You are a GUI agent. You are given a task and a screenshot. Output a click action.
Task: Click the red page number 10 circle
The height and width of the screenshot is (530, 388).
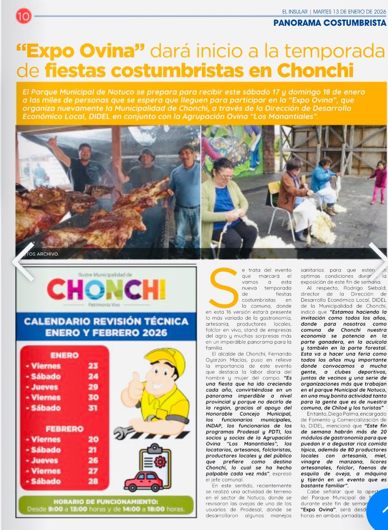point(24,16)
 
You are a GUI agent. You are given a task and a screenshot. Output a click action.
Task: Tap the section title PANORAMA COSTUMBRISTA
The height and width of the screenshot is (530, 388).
point(330,23)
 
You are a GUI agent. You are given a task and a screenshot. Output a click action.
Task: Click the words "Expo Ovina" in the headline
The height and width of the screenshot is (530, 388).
point(81,51)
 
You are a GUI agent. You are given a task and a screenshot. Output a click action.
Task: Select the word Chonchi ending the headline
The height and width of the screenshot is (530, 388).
point(315,70)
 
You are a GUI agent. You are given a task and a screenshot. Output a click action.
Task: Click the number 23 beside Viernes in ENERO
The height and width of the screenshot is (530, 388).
point(93,366)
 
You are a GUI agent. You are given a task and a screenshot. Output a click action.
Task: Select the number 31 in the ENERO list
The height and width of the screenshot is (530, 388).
point(93,408)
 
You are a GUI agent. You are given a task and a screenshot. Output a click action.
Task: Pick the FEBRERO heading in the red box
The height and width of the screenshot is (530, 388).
point(65,429)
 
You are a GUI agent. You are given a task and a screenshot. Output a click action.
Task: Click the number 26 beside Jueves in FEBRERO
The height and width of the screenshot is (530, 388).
point(93,460)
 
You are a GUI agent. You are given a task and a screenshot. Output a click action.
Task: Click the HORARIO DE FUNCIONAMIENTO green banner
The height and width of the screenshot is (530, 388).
point(106,506)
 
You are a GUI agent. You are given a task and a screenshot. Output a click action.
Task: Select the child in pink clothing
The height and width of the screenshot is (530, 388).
point(378,181)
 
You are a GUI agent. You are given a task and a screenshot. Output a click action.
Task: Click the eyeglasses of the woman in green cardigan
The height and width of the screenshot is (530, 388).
point(225,176)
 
